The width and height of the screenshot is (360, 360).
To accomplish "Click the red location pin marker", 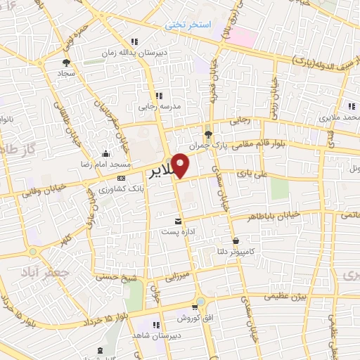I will (181, 165).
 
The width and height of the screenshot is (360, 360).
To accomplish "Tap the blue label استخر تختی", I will (188, 25).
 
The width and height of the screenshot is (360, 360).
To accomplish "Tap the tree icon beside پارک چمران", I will (207, 133).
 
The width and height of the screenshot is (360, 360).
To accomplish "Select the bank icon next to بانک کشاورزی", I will (122, 177).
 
